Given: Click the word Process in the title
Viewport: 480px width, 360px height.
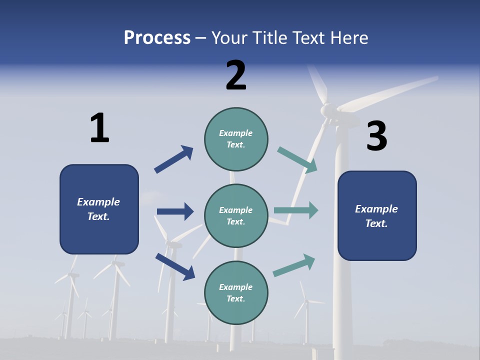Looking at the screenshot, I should [x=157, y=38].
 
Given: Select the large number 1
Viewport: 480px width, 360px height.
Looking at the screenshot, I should [x=99, y=128].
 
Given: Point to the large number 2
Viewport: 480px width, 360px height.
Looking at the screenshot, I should [x=236, y=75].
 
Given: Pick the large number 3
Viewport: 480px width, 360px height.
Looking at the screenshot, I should [x=376, y=136].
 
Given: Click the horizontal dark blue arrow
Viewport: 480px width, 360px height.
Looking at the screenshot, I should [x=175, y=211].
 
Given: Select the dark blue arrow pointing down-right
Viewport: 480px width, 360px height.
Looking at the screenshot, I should [x=175, y=266].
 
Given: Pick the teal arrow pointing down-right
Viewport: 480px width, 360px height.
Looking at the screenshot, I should [x=297, y=160].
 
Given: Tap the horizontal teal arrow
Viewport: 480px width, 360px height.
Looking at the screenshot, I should [x=296, y=210].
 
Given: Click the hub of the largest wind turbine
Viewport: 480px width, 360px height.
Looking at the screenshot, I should [x=327, y=109].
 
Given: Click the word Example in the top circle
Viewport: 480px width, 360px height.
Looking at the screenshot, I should [x=236, y=133].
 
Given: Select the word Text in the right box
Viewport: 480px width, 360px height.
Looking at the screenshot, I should [x=376, y=223].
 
